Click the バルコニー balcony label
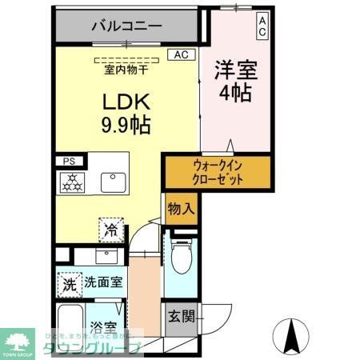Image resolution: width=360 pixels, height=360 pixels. [x=127, y=26]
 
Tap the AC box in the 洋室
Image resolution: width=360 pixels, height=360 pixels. [x=262, y=26]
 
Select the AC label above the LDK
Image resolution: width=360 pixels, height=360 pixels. [x=181, y=55]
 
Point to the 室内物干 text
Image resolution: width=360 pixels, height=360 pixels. [x=126, y=70]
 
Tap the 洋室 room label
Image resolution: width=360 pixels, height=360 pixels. [x=233, y=69]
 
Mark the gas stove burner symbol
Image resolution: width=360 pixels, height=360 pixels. [x=73, y=182]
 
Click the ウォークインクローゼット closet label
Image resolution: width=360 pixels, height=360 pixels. [x=217, y=172]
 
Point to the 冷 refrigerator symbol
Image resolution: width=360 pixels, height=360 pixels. [x=110, y=230]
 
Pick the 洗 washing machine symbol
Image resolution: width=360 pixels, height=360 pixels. [x=69, y=283]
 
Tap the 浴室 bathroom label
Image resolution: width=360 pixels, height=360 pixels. [x=103, y=327]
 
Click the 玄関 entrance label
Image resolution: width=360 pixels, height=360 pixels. [x=181, y=316]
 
